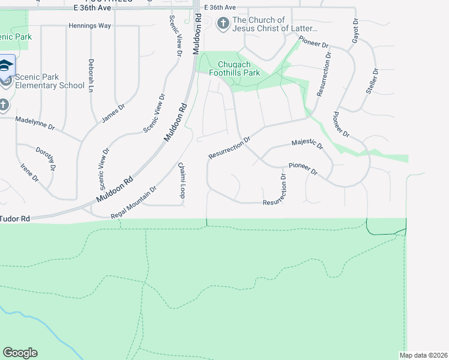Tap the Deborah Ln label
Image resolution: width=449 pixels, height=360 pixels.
pyautogui.click(x=91, y=75)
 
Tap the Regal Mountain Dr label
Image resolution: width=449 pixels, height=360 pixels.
pyautogui.click(x=133, y=202)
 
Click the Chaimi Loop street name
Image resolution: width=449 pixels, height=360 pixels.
pyautogui.click(x=181, y=179)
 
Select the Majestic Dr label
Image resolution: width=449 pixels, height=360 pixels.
pyautogui.click(x=307, y=144)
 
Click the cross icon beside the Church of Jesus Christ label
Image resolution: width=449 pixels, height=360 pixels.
pyautogui.click(x=223, y=24)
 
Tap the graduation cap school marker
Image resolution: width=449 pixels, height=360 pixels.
pyautogui.click(x=5, y=65)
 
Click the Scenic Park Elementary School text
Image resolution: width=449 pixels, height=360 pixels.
pyautogui.click(x=50, y=81)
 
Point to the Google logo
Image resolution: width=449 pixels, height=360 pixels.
pyautogui.click(x=20, y=353)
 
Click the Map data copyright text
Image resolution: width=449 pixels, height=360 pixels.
pyautogui.click(x=423, y=355)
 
